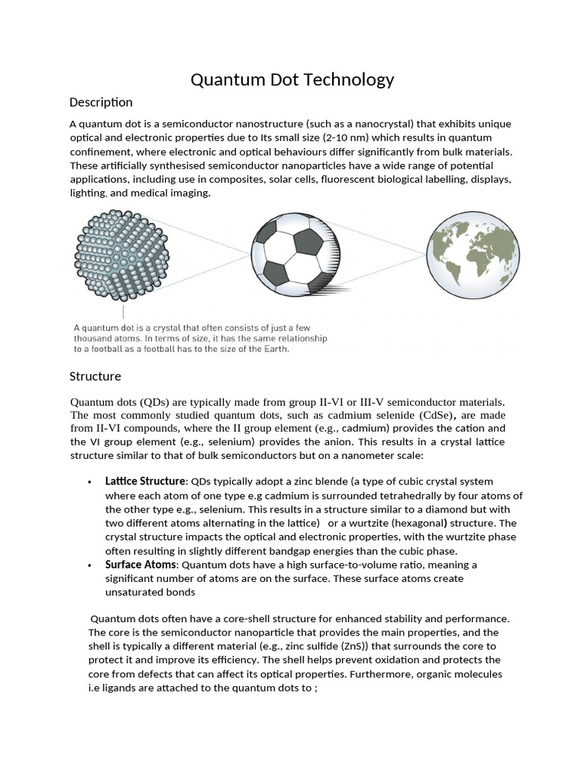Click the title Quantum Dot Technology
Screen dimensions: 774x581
click(x=291, y=79)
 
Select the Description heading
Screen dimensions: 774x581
click(x=101, y=102)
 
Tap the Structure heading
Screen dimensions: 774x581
click(x=95, y=376)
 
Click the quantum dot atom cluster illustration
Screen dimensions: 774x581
click(x=123, y=255)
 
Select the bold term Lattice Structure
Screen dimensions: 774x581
click(x=145, y=481)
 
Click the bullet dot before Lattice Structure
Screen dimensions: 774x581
click(x=90, y=482)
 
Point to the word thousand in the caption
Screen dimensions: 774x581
click(x=92, y=339)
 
